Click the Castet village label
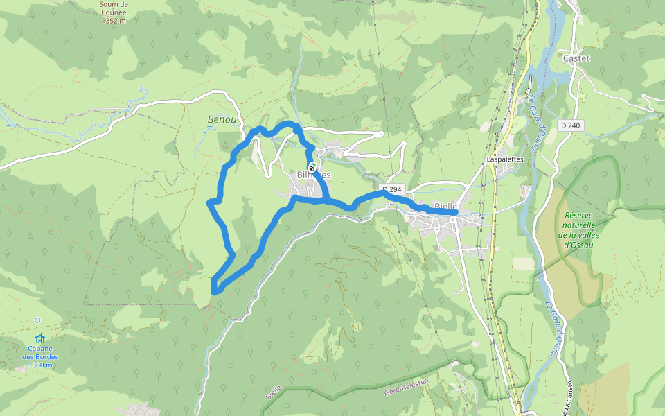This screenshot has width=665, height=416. pyautogui.click(x=576, y=58)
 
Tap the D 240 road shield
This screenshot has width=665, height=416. pyautogui.click(x=570, y=125)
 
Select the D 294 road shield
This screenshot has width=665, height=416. pyautogui.click(x=391, y=189)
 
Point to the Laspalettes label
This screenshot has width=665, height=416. pyautogui.click(x=504, y=159)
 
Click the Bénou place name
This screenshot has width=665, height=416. pyautogui.click(x=222, y=120)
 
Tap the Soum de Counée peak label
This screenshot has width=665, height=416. pyautogui.click(x=114, y=12)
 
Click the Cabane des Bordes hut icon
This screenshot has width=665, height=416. pyautogui.click(x=40, y=338)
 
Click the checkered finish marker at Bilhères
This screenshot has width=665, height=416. pyautogui.click(x=313, y=167)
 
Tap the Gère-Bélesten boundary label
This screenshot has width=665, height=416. pyautogui.click(x=407, y=387)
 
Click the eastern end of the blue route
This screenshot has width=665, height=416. pyautogui.click(x=454, y=213)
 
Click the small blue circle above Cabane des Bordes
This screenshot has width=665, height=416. pyautogui.click(x=37, y=320)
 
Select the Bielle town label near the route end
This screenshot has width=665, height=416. pyautogui.click(x=445, y=206)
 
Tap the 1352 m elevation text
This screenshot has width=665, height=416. pyautogui.click(x=114, y=21)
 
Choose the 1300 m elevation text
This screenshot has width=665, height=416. pyautogui.click(x=40, y=365)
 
